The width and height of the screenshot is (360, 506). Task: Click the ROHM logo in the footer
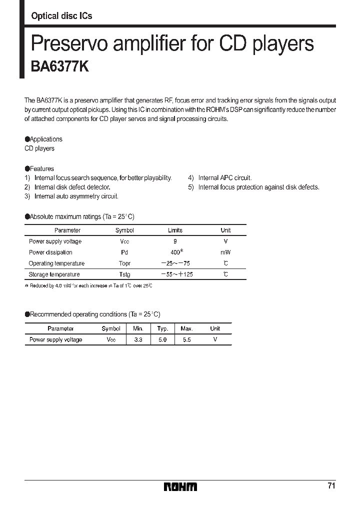tap(180, 486)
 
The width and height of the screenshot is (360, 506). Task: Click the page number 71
tap(331, 485)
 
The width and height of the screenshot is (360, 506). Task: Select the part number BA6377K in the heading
tap(60, 67)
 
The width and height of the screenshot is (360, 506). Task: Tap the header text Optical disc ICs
tap(61, 16)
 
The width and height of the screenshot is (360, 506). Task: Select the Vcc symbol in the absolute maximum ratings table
tap(124, 241)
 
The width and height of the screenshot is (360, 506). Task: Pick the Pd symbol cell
tap(124, 252)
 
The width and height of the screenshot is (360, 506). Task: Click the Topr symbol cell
tap(124, 263)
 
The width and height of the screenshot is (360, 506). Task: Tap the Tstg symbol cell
tap(124, 274)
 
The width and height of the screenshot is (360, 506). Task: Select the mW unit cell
tap(225, 252)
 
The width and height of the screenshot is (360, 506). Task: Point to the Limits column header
tap(175, 230)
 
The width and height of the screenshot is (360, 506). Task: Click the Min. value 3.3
tap(138, 339)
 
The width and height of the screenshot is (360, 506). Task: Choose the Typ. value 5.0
tap(162, 339)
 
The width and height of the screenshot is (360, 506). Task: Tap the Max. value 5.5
tap(186, 339)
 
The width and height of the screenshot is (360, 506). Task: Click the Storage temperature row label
tap(54, 274)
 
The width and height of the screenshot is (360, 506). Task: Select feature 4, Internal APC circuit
tap(224, 178)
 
